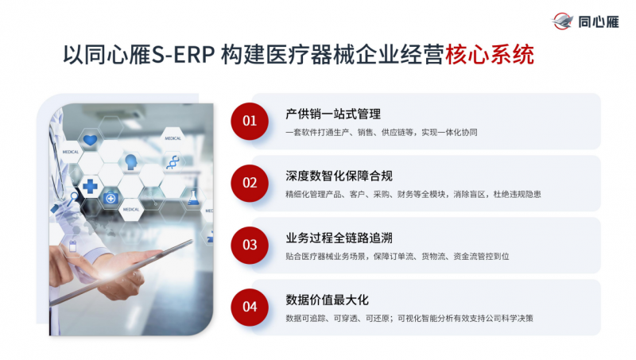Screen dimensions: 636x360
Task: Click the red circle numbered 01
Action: click(250, 122)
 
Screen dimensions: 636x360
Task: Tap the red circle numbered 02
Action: click(250, 184)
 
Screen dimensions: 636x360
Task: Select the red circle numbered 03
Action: click(250, 246)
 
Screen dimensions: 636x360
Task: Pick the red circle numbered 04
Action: click(250, 308)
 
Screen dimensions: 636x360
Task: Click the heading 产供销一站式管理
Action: click(333, 114)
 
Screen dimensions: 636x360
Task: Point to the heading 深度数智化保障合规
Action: click(339, 176)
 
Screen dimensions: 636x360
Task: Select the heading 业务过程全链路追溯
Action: click(339, 238)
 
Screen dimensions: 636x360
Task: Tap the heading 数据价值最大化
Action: click(327, 300)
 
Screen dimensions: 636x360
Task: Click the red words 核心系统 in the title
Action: click(490, 54)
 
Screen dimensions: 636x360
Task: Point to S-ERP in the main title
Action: click(183, 55)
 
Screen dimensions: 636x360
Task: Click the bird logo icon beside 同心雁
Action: click(562, 21)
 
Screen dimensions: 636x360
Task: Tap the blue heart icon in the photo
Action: click(90, 141)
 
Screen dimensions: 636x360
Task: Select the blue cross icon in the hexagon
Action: click(90, 186)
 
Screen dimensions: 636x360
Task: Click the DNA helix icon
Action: click(173, 162)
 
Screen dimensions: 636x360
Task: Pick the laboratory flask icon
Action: click(193, 197)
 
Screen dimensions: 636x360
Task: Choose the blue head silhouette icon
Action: click(131, 162)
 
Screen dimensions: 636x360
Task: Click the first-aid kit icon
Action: click(111, 198)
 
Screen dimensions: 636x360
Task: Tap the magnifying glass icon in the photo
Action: click(72, 199)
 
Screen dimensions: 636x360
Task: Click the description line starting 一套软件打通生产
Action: click(382, 132)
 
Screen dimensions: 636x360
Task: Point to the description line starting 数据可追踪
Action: click(409, 318)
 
